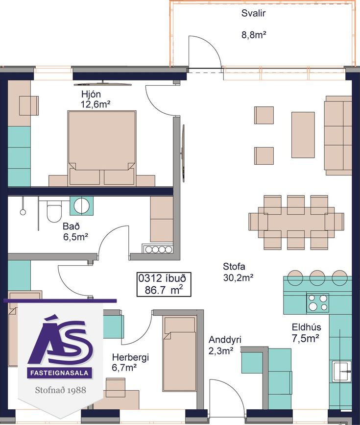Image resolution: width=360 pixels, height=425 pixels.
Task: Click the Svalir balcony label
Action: [253, 13]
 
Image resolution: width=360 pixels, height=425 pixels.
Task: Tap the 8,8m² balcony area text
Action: [254, 35]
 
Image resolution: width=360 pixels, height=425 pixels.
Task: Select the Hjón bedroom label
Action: [91, 94]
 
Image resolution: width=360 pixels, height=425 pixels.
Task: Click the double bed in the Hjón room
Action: [101, 148]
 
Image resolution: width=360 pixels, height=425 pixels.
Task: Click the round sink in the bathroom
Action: [81, 205]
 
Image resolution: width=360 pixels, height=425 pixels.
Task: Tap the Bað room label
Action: [71, 226]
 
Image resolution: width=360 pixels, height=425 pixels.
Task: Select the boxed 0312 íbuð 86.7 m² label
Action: [164, 284]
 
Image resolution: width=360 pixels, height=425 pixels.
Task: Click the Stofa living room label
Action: [234, 267]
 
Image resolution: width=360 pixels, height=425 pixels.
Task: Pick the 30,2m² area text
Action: [238, 277]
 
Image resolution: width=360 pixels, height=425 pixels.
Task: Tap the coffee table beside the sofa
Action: [303, 135]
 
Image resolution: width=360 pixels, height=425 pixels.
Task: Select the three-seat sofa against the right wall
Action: [338, 135]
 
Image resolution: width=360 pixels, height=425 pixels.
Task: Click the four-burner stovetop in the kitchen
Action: [317, 302]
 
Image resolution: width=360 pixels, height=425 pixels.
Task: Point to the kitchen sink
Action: [342, 372]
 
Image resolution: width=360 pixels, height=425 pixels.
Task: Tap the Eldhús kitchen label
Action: [306, 327]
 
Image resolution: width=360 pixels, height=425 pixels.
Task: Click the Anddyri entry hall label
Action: [225, 339]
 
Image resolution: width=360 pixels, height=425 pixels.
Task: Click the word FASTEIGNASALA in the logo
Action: [59, 373]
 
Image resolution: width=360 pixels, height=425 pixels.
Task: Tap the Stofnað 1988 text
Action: [60, 390]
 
